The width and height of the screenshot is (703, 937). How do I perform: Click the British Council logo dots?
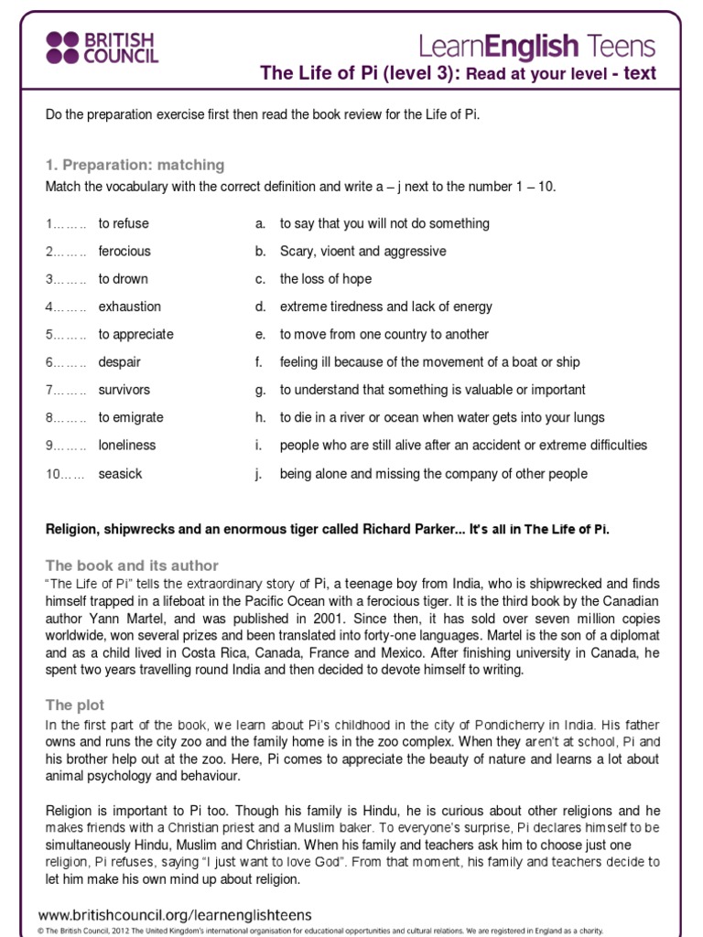pos(63,47)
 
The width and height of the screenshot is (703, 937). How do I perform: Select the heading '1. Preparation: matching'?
pos(135,165)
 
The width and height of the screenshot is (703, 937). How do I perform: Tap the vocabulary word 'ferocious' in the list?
pos(124,251)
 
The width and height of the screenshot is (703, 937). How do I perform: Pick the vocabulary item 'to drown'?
pos(123,279)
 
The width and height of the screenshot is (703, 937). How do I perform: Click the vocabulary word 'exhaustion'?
pos(129,307)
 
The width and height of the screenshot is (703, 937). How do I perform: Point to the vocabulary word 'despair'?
pos(119,362)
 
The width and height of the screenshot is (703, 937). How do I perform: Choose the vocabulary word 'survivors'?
pos(124,390)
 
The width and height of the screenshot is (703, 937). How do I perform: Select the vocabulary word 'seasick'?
pos(120,474)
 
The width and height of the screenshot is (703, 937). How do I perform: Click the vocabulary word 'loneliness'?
pos(127,446)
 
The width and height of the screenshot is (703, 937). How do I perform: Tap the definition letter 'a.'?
pos(261,223)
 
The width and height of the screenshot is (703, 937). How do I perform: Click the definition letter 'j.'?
pos(260,474)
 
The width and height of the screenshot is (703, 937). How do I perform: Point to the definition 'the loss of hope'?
pos(326,279)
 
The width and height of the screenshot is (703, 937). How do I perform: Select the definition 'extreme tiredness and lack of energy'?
pos(385,307)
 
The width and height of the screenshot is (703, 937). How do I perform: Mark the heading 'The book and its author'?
pos(132,565)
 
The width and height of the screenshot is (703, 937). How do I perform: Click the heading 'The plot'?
pos(75,705)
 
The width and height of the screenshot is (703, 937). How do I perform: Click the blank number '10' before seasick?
pos(52,474)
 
